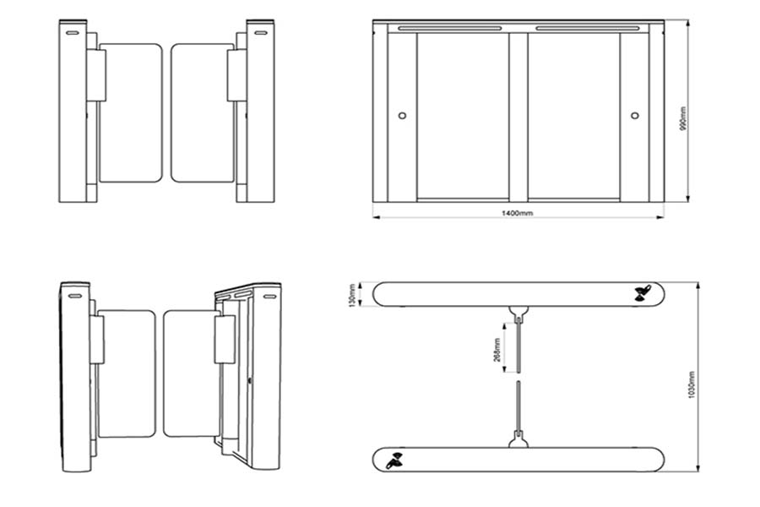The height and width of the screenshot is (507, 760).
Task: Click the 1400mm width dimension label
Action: click(x=517, y=214)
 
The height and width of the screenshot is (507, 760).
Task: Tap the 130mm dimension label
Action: click(x=353, y=294)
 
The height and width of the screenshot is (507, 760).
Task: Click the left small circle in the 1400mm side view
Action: click(x=401, y=116)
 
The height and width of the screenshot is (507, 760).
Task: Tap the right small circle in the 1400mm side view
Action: click(x=635, y=116)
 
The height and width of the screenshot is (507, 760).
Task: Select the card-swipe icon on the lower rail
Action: click(x=394, y=461)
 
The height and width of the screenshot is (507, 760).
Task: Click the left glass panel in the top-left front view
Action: click(x=130, y=113)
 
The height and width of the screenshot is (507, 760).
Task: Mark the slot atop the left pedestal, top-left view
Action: click(x=73, y=33)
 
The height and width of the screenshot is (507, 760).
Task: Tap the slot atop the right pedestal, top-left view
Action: click(x=258, y=33)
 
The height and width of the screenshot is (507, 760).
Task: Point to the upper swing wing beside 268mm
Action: click(x=518, y=342)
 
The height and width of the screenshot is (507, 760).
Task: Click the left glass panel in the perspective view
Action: click(x=127, y=373)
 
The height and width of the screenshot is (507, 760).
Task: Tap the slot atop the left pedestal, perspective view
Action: click(x=74, y=296)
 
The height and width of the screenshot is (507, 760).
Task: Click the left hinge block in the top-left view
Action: click(x=96, y=75)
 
